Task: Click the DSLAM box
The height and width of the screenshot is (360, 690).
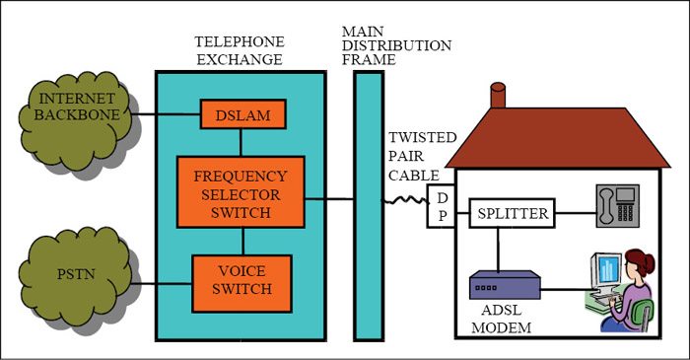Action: [x=243, y=114]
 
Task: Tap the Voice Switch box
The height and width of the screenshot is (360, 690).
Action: [x=241, y=280]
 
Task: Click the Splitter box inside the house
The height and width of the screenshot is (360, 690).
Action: [x=512, y=212]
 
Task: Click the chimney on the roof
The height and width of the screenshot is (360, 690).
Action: [x=499, y=96]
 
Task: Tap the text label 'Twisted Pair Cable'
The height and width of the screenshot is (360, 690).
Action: [x=422, y=155]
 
